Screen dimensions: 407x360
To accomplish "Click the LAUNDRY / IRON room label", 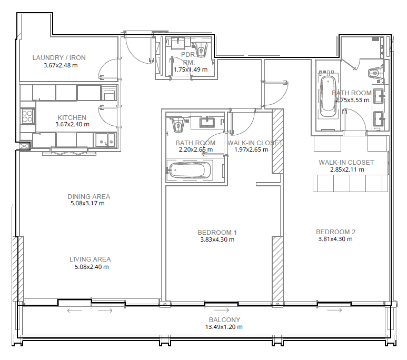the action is pyautogui.click(x=59, y=57).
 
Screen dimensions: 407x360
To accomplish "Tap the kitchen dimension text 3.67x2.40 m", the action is pyautogui.click(x=72, y=124).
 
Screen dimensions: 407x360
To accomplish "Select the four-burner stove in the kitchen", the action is pyautogui.click(x=27, y=116).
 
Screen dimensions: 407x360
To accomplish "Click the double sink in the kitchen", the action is pyautogui.click(x=105, y=140).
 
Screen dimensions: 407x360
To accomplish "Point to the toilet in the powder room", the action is pyautogui.click(x=201, y=49).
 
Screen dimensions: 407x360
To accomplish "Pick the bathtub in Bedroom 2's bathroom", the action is pyautogui.click(x=328, y=96).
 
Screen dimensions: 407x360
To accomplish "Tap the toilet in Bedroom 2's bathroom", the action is pyautogui.click(x=375, y=72).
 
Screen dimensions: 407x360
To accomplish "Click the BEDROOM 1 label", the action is pyautogui.click(x=217, y=232).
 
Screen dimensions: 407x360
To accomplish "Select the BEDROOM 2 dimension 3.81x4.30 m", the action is pyautogui.click(x=335, y=239).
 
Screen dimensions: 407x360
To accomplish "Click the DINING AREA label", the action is pyautogui.click(x=89, y=196).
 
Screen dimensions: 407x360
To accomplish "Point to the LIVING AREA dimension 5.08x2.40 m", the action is pyautogui.click(x=92, y=267).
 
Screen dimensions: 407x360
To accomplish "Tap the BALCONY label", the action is pyautogui.click(x=224, y=320).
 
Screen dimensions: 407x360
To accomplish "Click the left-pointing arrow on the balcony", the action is pyautogui.click(x=74, y=311).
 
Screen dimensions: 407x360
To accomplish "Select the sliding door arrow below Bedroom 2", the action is pyautogui.click(x=334, y=310).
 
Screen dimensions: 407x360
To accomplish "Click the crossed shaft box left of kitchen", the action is pyautogui.click(x=24, y=146).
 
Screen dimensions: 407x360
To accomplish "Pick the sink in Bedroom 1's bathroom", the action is pyautogui.click(x=207, y=122).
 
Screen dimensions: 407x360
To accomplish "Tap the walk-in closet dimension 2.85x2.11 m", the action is pyautogui.click(x=347, y=169).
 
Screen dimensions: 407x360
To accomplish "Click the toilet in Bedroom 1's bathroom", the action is pyautogui.click(x=178, y=125).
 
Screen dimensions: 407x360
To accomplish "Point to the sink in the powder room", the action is pyautogui.click(x=178, y=43).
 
